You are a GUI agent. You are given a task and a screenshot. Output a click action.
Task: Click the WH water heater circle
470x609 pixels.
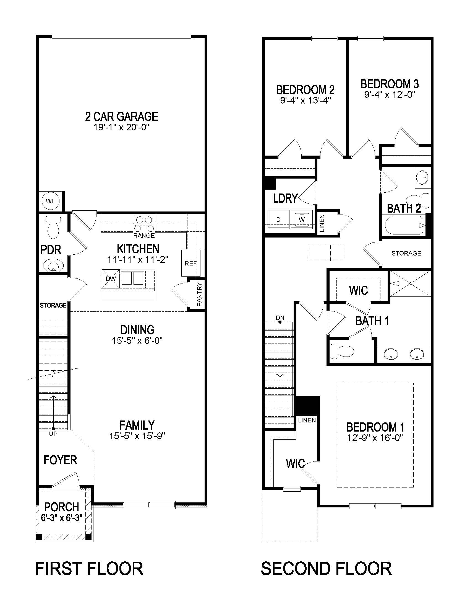coord(51,201)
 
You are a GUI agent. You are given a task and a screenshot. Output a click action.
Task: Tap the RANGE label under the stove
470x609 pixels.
coord(144,236)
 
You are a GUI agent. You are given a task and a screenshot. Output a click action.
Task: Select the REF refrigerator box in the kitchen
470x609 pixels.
coord(191,263)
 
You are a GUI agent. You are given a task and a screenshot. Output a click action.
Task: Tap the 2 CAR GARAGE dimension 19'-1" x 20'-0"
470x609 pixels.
coord(122,127)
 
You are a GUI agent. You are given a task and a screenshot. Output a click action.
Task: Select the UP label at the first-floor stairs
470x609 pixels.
coord(53,434)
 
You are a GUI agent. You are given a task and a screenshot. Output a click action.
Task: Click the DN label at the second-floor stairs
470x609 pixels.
coord(280,318)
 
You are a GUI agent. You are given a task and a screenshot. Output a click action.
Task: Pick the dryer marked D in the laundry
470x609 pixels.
coord(278,220)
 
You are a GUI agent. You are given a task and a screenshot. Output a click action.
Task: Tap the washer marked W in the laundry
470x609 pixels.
coord(302,220)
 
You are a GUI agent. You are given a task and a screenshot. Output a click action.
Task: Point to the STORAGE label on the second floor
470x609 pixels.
coord(406,253)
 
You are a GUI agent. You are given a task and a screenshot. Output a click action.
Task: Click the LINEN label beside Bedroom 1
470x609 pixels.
coord(307,420)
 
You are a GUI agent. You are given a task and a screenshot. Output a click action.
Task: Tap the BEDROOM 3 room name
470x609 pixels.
coord(390,84)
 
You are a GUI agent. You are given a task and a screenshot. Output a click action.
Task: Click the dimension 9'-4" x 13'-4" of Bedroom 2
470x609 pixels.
coord(305,100)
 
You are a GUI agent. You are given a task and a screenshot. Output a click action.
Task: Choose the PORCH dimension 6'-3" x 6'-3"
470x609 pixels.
coord(62,518)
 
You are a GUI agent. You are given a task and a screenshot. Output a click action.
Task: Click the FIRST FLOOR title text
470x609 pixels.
coord(89,569)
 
